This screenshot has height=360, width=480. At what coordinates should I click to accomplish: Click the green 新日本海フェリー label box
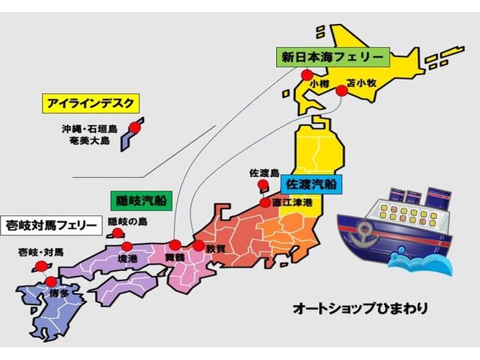click(x=331, y=57)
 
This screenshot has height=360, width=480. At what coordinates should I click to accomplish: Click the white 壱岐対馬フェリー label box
click(x=50, y=224)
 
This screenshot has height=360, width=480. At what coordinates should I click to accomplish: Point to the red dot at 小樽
click(x=307, y=74)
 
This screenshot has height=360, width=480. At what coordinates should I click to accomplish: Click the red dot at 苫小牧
click(x=341, y=91)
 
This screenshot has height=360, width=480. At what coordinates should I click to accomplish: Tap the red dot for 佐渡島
click(x=262, y=184)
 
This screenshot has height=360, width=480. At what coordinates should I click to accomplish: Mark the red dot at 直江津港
click(x=265, y=202)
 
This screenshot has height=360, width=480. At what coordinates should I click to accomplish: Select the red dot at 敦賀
click(x=198, y=245)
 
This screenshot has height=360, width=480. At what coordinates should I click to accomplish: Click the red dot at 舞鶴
click(x=175, y=244)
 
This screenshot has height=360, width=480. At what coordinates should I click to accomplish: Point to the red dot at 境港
click(x=127, y=246)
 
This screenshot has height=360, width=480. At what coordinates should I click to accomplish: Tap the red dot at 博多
click(x=50, y=282)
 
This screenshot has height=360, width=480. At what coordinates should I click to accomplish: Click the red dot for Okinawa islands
click(x=134, y=128)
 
